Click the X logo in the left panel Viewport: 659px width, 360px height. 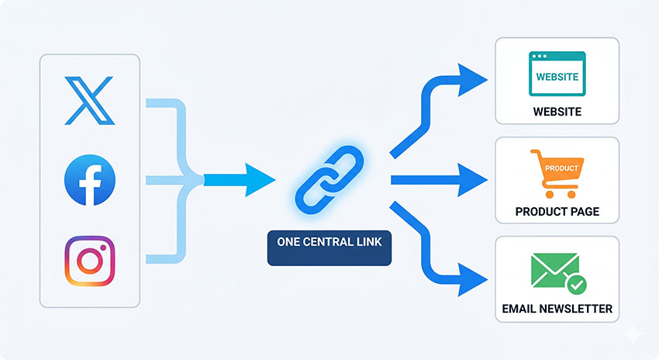click(89, 101)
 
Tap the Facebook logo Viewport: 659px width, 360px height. click(89, 181)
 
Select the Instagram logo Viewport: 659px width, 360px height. click(89, 261)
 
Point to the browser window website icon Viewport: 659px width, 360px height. click(557, 74)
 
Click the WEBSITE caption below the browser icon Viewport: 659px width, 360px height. click(557, 112)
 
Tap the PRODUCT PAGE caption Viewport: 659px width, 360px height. click(557, 212)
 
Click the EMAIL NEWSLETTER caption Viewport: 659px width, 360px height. click(557, 310)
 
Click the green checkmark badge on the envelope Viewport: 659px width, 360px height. click(576, 286)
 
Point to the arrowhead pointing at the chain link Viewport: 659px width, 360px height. click(260, 180)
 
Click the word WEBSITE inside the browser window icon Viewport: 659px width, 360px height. click(557, 78)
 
